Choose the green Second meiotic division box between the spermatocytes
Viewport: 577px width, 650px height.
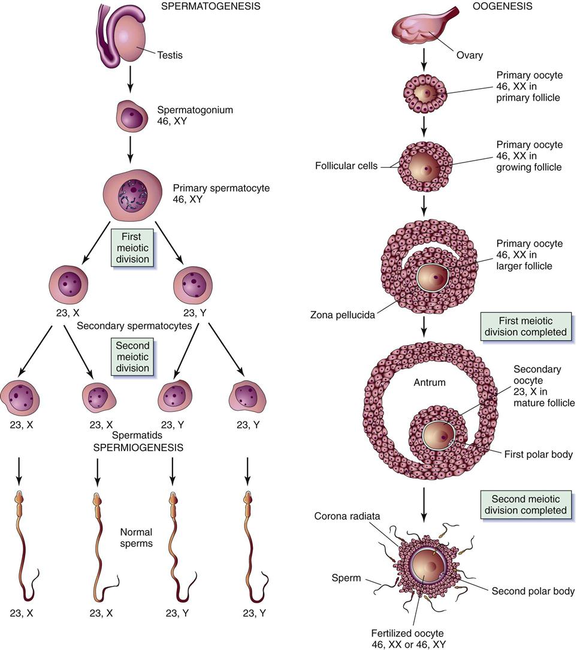pyautogui.click(x=132, y=356)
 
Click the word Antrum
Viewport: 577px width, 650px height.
pyautogui.click(x=429, y=382)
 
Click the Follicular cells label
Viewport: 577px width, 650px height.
pyautogui.click(x=346, y=166)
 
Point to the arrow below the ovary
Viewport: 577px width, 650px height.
pyautogui.click(x=425, y=57)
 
